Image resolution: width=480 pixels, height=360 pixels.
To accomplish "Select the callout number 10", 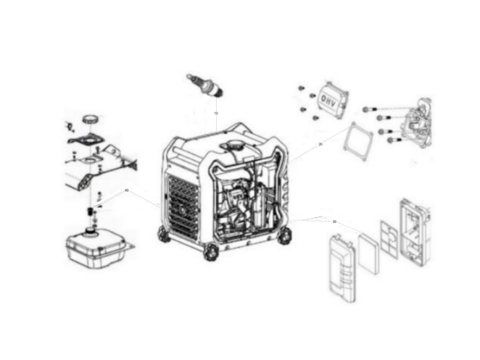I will (x=215, y=114).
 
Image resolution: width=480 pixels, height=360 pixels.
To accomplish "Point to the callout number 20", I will (x=320, y=144).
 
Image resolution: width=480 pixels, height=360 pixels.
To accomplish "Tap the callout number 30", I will (x=334, y=222).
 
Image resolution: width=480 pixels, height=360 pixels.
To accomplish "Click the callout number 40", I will (x=127, y=191).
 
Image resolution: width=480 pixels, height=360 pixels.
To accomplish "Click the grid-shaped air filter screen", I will (x=391, y=239).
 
